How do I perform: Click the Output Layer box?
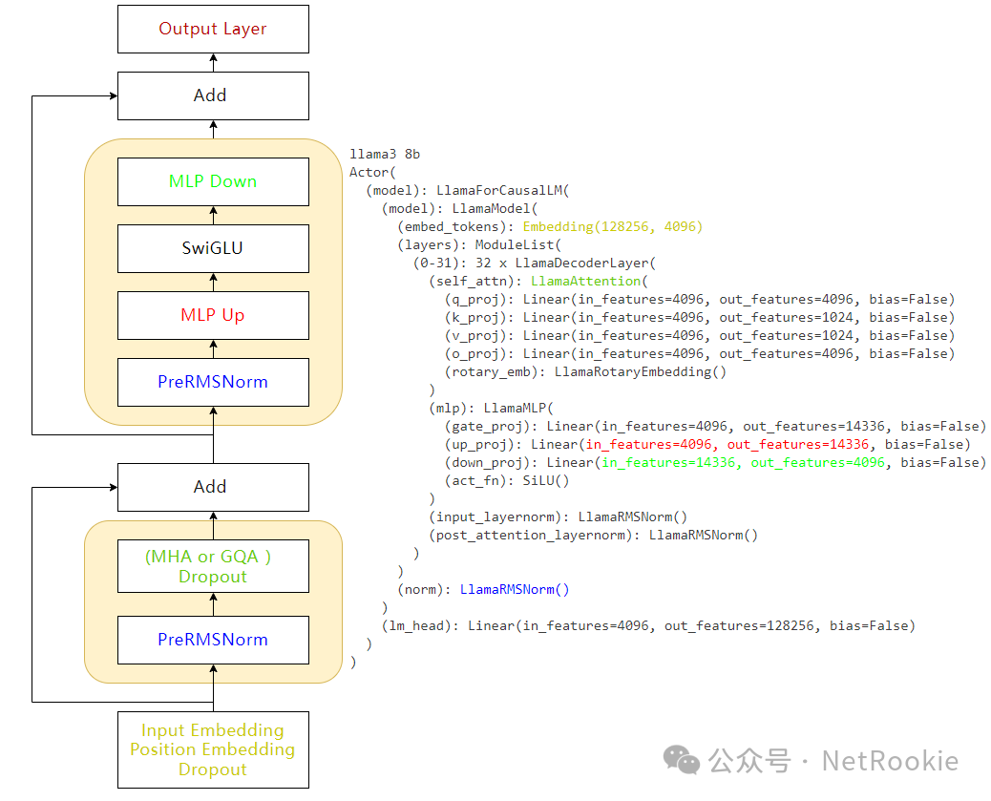click(213, 29)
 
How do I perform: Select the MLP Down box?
click(213, 181)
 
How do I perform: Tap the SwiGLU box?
click(213, 248)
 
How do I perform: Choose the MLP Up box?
click(213, 315)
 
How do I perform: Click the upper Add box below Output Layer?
click(213, 95)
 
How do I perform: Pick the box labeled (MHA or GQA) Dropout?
click(213, 566)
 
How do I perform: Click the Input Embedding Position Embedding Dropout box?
click(213, 749)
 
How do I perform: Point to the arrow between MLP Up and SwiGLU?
click(213, 282)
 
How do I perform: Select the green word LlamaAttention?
click(586, 281)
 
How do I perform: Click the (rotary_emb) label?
click(495, 371)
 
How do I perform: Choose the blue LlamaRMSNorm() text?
click(515, 589)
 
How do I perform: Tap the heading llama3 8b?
click(385, 154)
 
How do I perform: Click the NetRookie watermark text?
click(890, 761)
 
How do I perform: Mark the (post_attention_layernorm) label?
click(530, 535)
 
